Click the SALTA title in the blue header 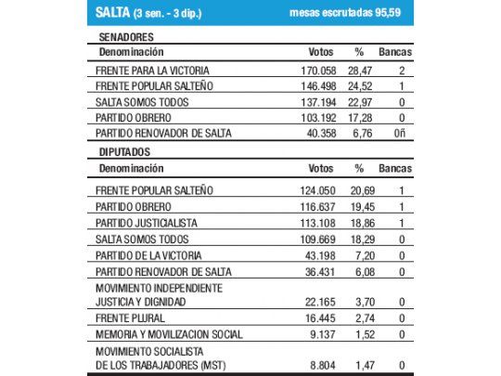pyautogui.click(x=115, y=13)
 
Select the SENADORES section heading pyautogui.click(x=128, y=36)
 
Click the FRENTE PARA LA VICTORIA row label pyautogui.click(x=151, y=70)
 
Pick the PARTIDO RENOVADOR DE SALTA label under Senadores pyautogui.click(x=162, y=134)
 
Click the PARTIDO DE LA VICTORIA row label pyautogui.click(x=148, y=254)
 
